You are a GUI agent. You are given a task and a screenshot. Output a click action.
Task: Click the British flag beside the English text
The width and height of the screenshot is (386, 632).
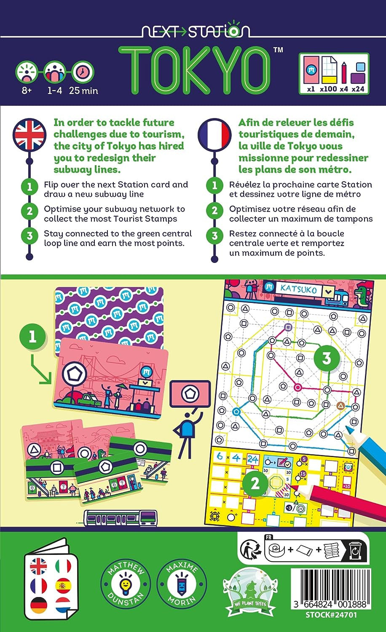29,135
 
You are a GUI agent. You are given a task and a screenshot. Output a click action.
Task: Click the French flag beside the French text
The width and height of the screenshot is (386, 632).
214,135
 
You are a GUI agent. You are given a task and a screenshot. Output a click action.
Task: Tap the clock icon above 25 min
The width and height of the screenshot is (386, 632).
83,72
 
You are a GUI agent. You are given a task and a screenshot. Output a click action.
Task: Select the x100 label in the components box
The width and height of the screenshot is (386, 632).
328,89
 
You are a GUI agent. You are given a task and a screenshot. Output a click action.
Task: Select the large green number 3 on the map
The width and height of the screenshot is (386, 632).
327,358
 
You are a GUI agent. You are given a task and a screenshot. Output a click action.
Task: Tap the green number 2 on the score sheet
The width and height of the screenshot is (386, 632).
255,484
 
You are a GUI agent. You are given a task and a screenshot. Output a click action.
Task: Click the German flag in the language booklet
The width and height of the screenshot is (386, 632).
38,605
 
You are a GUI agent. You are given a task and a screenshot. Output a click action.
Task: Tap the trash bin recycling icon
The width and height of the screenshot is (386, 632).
355,550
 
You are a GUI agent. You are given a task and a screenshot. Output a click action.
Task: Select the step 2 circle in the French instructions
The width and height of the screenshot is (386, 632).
214,210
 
